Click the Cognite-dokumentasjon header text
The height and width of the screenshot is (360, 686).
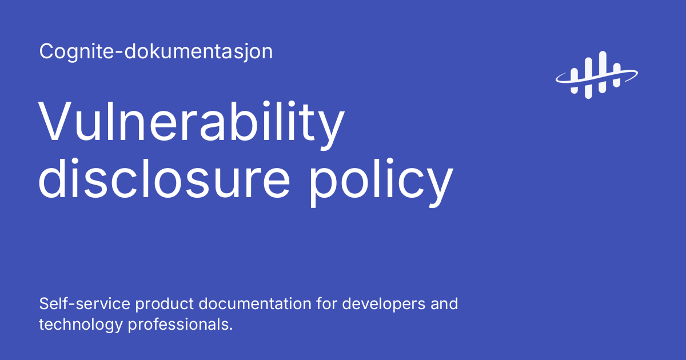pos(156,52)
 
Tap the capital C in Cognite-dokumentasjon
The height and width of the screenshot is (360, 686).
pos(46,52)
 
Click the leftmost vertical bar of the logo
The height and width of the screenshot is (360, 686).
pos(574,80)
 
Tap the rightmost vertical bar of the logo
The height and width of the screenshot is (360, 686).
pos(617,75)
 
